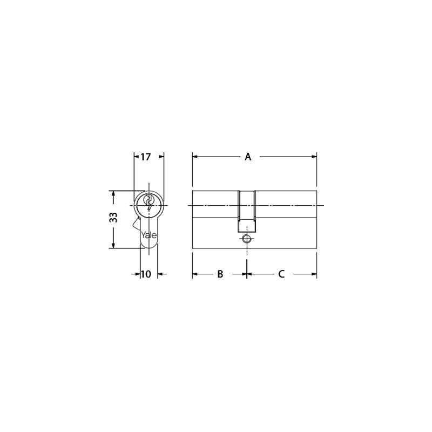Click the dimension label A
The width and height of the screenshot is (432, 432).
coord(248,157)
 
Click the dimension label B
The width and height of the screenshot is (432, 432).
coord(220,274)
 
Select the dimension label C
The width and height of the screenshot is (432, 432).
coord(281,274)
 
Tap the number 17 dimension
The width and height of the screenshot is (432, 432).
coord(146,157)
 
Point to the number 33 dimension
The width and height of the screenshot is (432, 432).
coord(113,218)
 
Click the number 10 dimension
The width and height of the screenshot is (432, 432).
coord(146,274)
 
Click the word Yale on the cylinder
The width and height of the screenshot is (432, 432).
coord(149,235)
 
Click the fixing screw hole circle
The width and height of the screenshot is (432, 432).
coord(246,238)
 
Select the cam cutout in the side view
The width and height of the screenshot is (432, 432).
coord(247,211)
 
